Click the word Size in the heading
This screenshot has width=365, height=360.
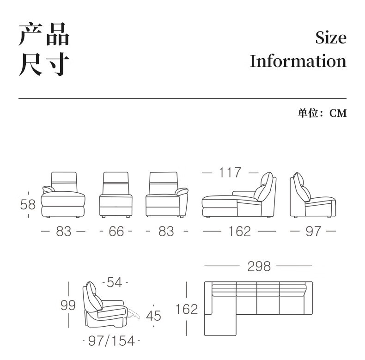coord(330,37)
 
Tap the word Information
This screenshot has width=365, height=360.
coord(298,61)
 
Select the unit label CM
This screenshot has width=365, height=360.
coord(338,113)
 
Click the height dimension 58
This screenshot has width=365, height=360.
coord(28,204)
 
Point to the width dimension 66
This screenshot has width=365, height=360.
coord(116,231)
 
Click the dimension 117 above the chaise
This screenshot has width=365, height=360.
coord(230,172)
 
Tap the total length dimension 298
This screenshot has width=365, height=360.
coord(258,266)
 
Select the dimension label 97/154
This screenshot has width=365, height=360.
coord(111,341)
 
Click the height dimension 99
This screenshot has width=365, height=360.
coord(68,305)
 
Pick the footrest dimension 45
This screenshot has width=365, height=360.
coord(153,316)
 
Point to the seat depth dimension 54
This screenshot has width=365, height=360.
coord(115,282)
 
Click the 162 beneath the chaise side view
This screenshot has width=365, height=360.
coord(239,231)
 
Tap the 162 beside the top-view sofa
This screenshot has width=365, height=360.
coord(187,309)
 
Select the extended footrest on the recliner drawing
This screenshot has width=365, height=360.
coord(135,312)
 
